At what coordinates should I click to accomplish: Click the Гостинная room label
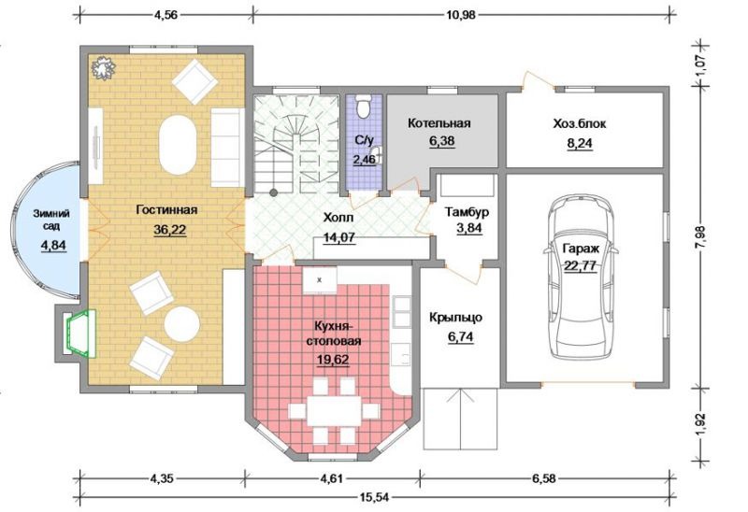pyautogui.click(x=166, y=210)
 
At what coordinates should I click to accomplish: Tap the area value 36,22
pyautogui.click(x=170, y=230)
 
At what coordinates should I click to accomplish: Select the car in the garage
pyautogui.click(x=581, y=278)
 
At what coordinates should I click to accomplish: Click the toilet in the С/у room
pyautogui.click(x=365, y=105)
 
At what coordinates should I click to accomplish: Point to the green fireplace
pyautogui.click(x=81, y=334)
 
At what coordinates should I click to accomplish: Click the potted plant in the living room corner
pyautogui.click(x=104, y=67)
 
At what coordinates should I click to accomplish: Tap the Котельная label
pyautogui.click(x=439, y=123)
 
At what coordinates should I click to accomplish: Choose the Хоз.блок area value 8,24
pyautogui.click(x=580, y=144)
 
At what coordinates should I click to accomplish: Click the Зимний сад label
pyautogui.click(x=51, y=220)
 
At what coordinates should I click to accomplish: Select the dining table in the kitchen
pyautogui.click(x=335, y=411)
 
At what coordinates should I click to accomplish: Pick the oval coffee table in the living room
pyautogui.click(x=178, y=145)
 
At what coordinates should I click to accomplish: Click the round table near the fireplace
pyautogui.click(x=181, y=324)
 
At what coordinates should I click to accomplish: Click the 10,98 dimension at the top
pyautogui.click(x=461, y=15)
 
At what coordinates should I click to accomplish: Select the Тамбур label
pyautogui.click(x=467, y=212)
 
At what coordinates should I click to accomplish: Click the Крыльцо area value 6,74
pyautogui.click(x=461, y=337)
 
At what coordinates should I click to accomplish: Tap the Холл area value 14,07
pyautogui.click(x=339, y=237)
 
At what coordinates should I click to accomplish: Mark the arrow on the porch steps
pyautogui.click(x=460, y=420)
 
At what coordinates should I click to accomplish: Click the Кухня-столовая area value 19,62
pyautogui.click(x=333, y=360)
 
